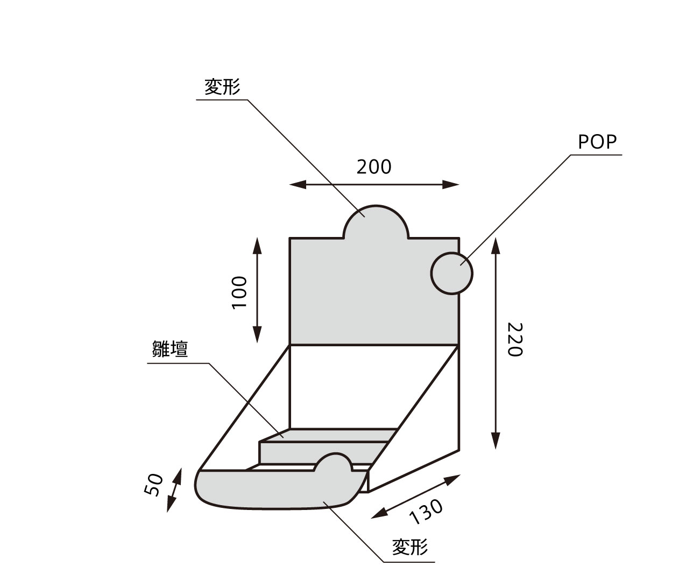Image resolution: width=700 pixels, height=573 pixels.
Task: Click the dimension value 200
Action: click(x=374, y=167)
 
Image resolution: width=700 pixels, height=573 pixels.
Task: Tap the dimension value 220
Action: click(x=514, y=339)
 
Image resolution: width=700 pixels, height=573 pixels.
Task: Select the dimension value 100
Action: click(x=238, y=292)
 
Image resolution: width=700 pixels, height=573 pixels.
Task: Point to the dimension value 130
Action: click(x=426, y=511)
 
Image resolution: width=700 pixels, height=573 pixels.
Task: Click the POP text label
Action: click(x=597, y=142)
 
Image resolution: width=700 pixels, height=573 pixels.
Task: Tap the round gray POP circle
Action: click(x=451, y=273)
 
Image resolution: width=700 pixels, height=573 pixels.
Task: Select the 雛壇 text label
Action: click(x=170, y=350)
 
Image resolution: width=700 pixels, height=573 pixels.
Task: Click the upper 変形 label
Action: click(x=222, y=87)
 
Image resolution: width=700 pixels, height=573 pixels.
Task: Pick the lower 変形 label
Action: click(x=410, y=547)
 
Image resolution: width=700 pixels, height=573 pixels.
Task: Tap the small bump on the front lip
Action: click(x=336, y=463)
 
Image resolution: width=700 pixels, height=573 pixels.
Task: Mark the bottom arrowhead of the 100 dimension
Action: click(x=257, y=337)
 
